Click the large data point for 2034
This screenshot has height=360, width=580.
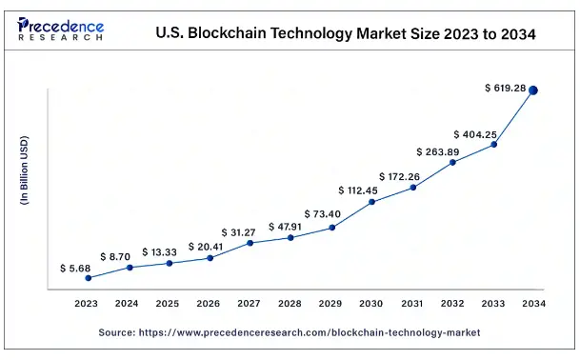point(533,90)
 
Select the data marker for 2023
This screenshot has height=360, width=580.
point(89,278)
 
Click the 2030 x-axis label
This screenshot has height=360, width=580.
point(372,304)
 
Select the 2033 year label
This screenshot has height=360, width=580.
point(493,304)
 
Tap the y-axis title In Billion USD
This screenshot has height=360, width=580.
point(26,172)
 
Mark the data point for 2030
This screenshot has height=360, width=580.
point(372,202)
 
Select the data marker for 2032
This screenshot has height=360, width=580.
point(453,163)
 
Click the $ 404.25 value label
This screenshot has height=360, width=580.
point(475,134)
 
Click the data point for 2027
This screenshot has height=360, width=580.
point(250,243)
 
